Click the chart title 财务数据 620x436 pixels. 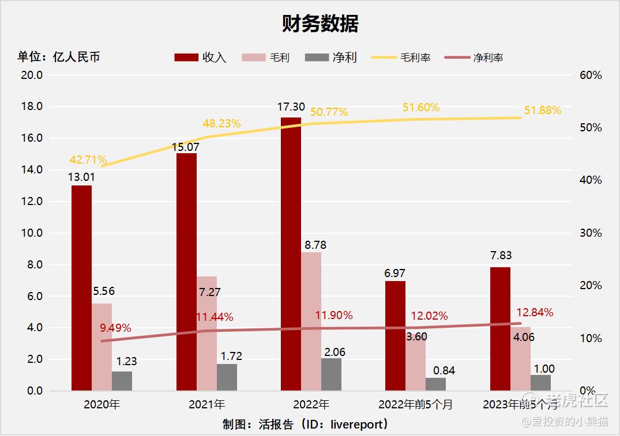coord(320,24)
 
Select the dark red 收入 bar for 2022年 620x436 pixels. coord(291,253)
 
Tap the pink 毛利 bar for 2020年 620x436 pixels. coord(102,347)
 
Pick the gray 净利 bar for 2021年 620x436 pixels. coord(227,377)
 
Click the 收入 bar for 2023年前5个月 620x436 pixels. coord(500,328)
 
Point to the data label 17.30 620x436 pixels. coord(291,107)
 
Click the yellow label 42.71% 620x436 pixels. coord(88,160)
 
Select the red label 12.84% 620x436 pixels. coord(535,313)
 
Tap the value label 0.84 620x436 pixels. coord(444,370)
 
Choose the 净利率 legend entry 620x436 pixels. coord(474,58)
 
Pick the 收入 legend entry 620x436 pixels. coord(201,58)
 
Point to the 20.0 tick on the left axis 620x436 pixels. coord(32,75)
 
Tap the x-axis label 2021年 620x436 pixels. coord(206,404)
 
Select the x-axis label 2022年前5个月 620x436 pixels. coord(415,404)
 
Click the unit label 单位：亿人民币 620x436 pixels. coord(59,57)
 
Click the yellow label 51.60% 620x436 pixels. coord(421,108)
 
